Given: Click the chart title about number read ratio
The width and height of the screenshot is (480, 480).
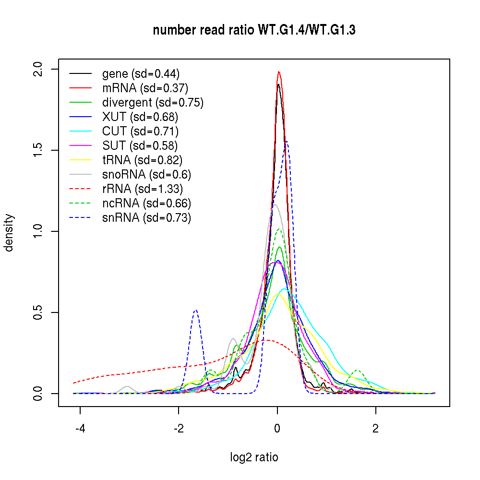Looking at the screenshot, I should click(x=254, y=30).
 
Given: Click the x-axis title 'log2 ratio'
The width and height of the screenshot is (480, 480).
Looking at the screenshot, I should click(x=254, y=457).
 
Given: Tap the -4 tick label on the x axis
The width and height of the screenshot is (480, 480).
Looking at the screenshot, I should click(x=80, y=429).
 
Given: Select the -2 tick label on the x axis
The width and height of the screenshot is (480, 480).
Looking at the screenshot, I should click(x=178, y=429).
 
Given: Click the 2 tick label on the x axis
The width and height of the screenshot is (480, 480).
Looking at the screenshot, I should click(x=376, y=429).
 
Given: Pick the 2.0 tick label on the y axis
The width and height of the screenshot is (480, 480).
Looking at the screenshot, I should click(x=39, y=69).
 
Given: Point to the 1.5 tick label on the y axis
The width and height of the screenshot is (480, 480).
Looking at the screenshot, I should click(x=39, y=150).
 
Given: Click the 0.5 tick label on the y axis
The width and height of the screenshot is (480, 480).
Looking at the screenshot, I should click(x=39, y=312).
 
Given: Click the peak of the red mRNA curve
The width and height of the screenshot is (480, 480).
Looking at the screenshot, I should click(x=278, y=72).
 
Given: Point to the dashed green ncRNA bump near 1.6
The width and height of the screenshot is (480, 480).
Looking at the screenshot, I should click(x=357, y=370).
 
